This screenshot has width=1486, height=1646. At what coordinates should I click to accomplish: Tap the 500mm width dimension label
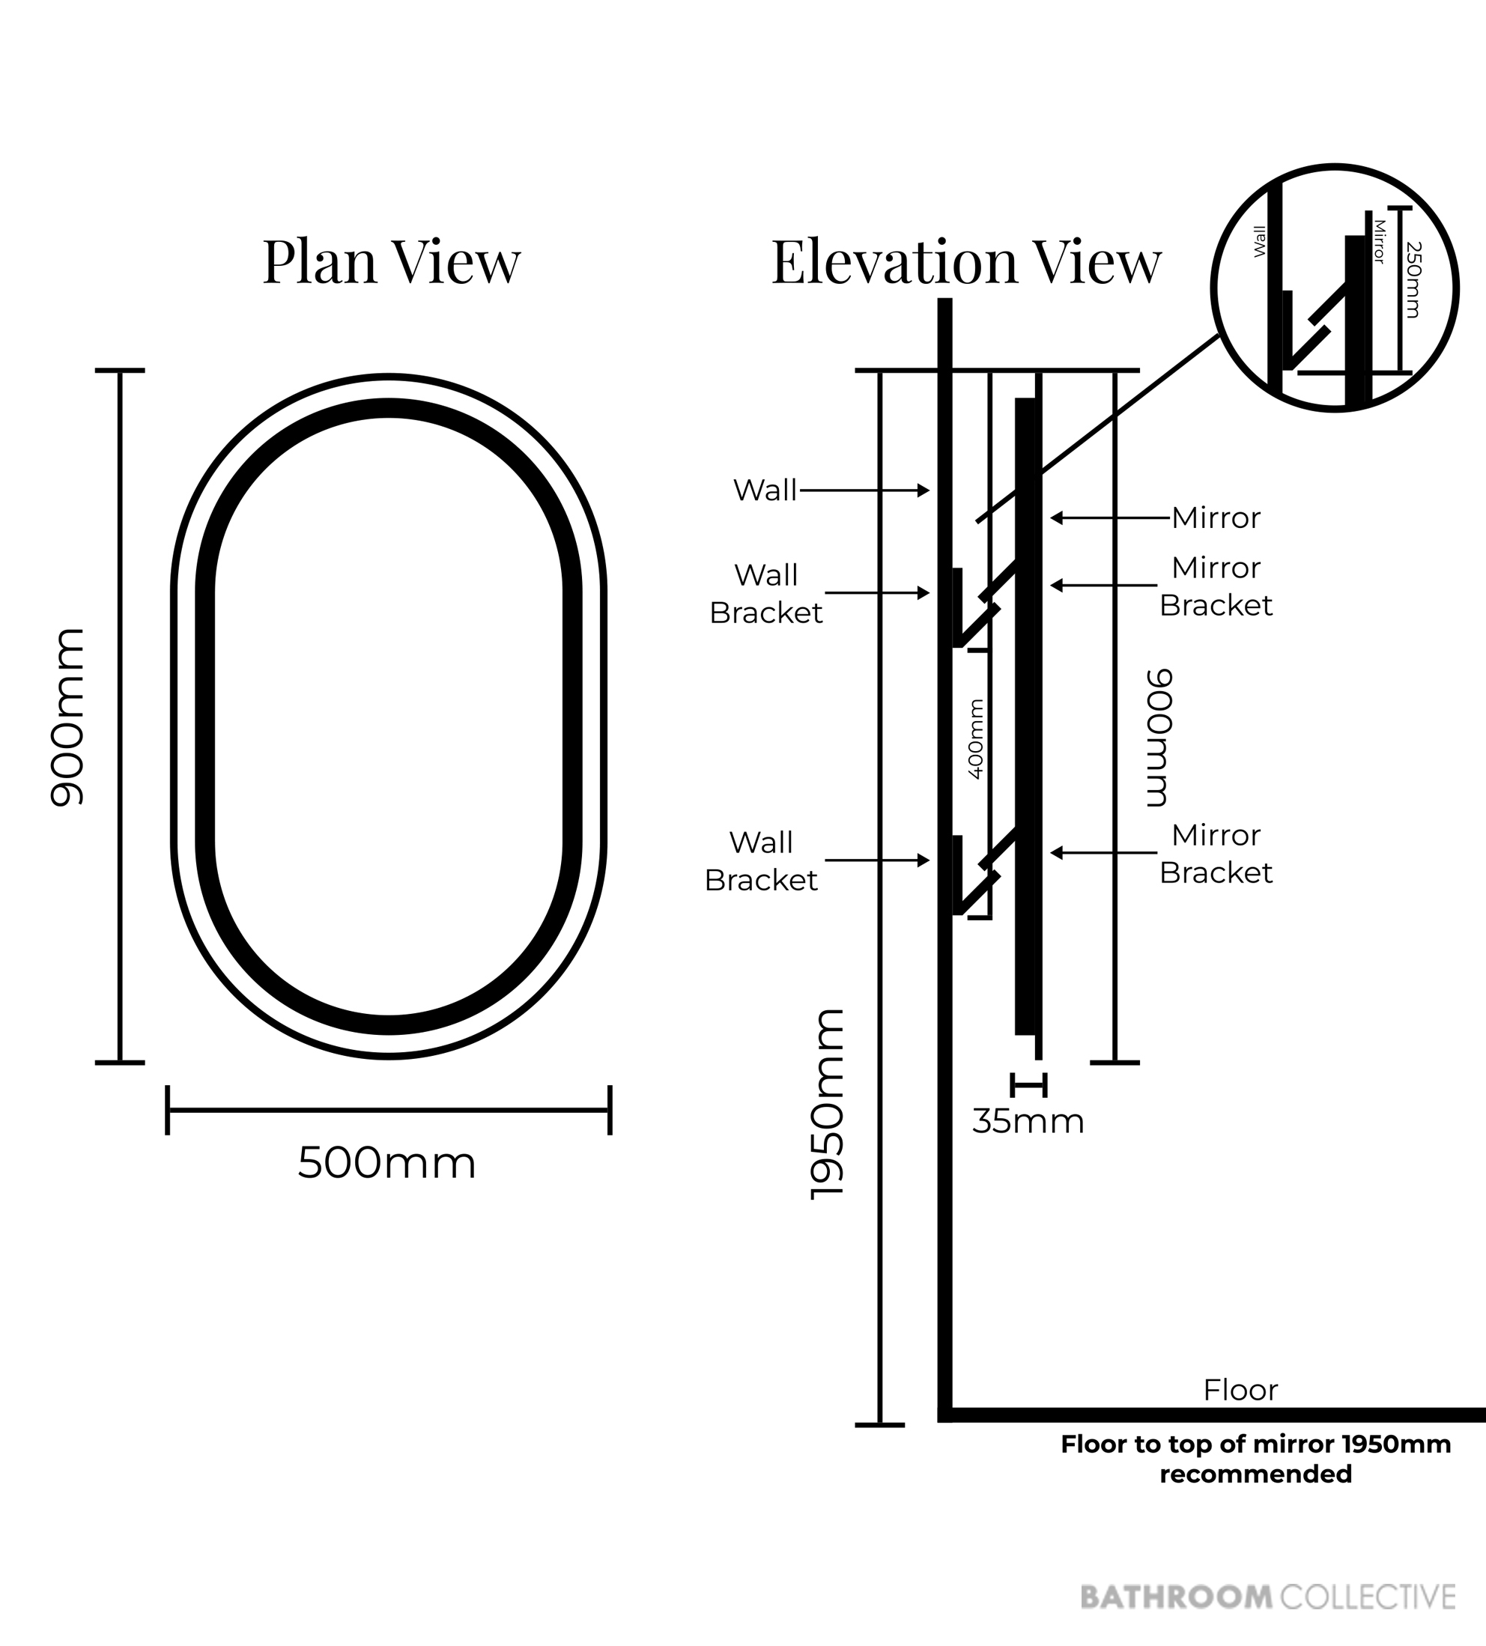coord(386,1163)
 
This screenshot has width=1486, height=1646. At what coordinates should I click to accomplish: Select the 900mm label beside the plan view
coord(67,717)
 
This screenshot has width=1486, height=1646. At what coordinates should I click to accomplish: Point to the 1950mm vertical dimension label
coord(826,1105)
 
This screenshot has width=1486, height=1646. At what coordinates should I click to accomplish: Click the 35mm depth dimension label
coord(1028,1122)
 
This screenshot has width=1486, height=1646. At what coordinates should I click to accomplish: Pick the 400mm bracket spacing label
coord(976,739)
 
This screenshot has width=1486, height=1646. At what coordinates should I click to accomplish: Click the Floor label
coord(1240,1390)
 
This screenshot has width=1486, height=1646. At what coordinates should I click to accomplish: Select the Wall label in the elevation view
coord(765,490)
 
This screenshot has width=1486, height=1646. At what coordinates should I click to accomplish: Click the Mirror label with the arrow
coord(1216,517)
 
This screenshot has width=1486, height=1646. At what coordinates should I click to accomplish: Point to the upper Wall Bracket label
coord(766,594)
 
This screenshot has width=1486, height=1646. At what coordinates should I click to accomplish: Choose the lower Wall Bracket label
coord(761,860)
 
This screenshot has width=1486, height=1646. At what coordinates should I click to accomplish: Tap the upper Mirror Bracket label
coord(1216,586)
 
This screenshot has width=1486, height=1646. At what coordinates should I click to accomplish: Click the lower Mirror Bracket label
coord(1216,854)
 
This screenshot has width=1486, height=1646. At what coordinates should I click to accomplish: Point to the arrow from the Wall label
coord(864,491)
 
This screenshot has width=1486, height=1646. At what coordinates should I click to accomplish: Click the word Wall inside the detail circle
coord(1260,242)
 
